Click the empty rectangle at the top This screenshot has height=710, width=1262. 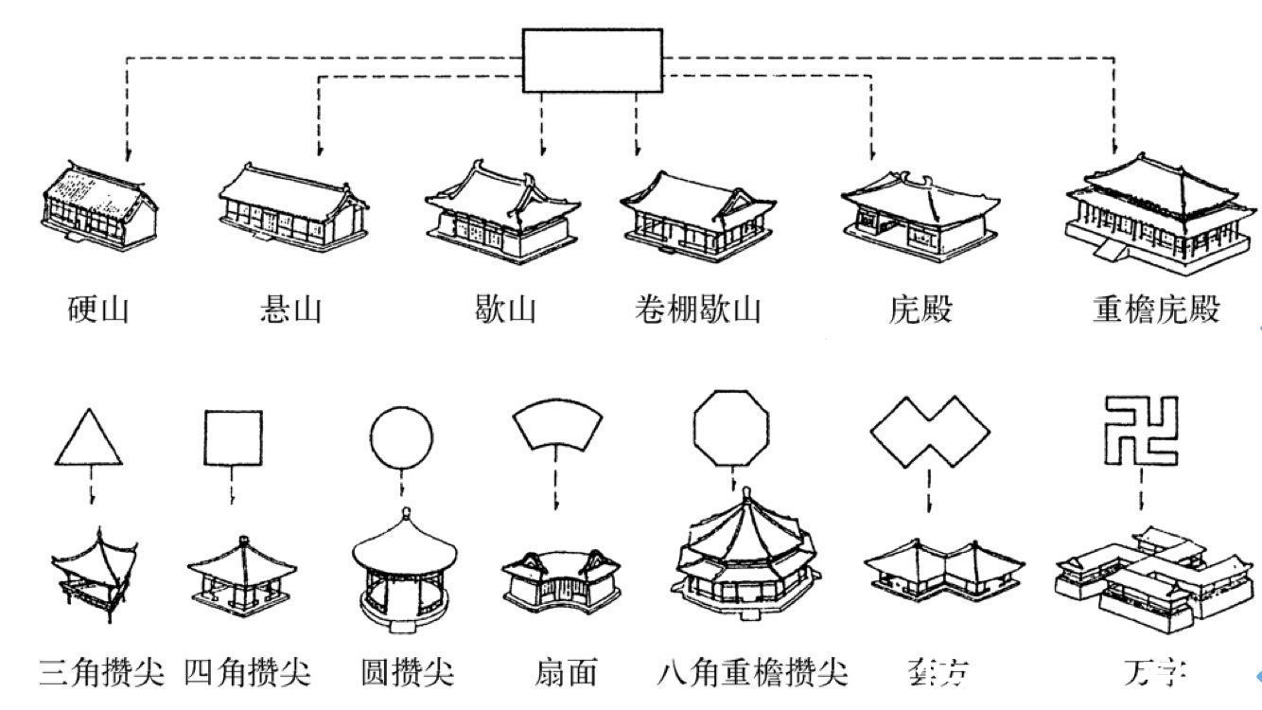click(592, 61)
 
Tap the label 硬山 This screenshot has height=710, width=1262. click(98, 310)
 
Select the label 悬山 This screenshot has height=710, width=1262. click(289, 310)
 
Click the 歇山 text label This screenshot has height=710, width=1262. click(505, 310)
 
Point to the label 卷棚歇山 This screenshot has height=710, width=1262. click(697, 310)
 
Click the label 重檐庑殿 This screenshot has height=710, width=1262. click(1155, 310)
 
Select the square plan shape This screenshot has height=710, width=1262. click(233, 437)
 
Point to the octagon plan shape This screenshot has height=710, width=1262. click(731, 431)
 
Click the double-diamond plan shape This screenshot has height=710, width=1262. click(929, 432)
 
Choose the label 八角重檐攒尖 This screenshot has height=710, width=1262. click(751, 673)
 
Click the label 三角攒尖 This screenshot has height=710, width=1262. click(102, 673)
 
